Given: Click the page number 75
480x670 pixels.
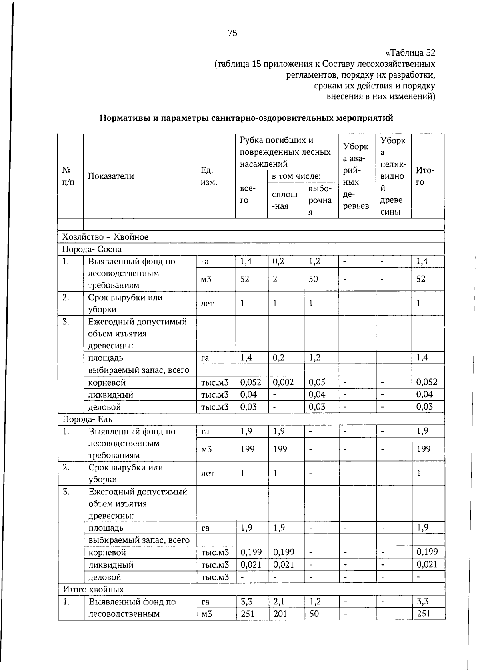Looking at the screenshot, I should tap(232, 33).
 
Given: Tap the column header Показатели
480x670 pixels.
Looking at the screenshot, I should tap(111, 176).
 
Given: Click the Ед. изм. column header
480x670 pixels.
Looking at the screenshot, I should tap(209, 176).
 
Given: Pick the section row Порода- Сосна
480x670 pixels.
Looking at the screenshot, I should tap(92, 249).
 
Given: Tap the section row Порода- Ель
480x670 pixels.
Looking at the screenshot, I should tap(87, 419).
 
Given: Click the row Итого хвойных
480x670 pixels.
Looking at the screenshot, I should tap(93, 589).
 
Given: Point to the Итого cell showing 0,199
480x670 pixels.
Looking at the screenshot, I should tap(427, 552).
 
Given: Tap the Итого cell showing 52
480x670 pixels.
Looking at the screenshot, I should tap(421, 279).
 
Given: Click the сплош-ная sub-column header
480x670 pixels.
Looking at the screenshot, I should tap(284, 200).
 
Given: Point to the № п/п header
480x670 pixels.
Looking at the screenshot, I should tap(68, 176).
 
